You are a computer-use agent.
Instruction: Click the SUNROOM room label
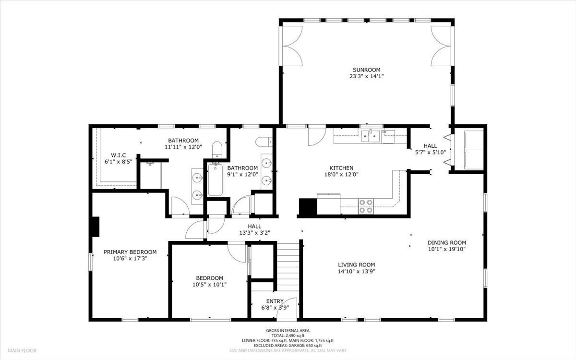tap(366, 70)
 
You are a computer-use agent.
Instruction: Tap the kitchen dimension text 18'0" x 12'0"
tap(341, 175)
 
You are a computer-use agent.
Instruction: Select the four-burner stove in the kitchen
tap(366, 206)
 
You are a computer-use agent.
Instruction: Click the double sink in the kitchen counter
tap(371, 136)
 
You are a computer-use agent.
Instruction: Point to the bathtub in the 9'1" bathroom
tap(215, 180)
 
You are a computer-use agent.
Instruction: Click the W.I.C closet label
tap(119, 156)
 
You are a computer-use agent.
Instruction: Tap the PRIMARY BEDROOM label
tap(130, 252)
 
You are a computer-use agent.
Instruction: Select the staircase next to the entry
tap(288, 267)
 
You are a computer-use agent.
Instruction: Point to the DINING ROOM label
tap(447, 242)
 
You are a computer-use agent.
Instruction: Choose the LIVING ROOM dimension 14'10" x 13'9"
tap(356, 271)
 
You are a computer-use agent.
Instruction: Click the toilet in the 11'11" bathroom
tap(217, 149)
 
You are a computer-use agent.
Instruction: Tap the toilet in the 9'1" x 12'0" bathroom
tap(264, 142)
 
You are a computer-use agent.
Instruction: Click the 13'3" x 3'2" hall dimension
tap(254, 233)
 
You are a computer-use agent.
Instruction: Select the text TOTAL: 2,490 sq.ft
tap(288, 336)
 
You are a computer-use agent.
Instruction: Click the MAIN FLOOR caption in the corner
tap(22, 350)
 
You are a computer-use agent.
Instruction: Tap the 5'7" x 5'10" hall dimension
tap(431, 152)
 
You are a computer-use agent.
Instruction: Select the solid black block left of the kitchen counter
tap(308, 206)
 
